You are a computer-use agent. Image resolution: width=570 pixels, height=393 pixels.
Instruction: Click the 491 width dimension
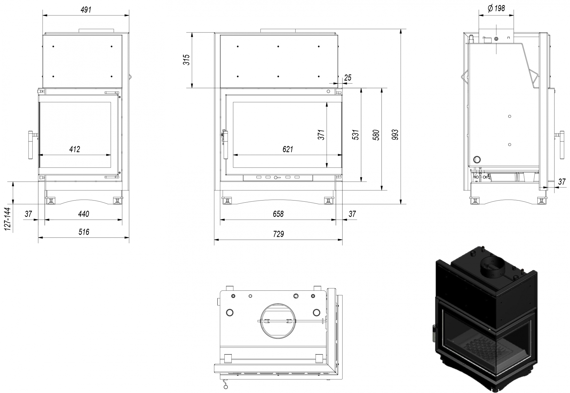(x=86, y=10)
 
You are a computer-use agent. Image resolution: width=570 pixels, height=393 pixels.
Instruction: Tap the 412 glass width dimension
(x=75, y=149)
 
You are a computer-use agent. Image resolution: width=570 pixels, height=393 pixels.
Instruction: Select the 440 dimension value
(x=84, y=214)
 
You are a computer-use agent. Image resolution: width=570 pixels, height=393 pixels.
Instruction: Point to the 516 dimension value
(x=84, y=232)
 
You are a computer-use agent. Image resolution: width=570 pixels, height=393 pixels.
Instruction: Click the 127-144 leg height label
(x=8, y=219)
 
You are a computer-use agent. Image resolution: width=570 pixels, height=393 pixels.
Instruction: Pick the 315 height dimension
(x=186, y=60)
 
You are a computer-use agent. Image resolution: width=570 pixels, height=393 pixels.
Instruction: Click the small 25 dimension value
(x=348, y=78)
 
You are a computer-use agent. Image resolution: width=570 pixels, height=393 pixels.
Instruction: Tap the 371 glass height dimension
(x=321, y=135)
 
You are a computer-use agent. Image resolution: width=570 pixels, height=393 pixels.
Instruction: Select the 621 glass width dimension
(x=288, y=149)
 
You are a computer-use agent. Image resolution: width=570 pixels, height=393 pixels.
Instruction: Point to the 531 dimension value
(x=356, y=135)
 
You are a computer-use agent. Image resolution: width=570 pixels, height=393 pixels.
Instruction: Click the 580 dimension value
(x=376, y=135)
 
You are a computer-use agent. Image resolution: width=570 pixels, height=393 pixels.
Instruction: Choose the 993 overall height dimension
(x=395, y=135)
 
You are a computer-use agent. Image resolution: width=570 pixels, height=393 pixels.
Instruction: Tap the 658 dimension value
(x=278, y=214)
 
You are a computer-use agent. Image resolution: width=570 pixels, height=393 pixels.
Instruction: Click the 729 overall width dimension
(x=278, y=234)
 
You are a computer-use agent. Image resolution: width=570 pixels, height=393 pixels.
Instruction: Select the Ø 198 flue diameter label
(x=496, y=8)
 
